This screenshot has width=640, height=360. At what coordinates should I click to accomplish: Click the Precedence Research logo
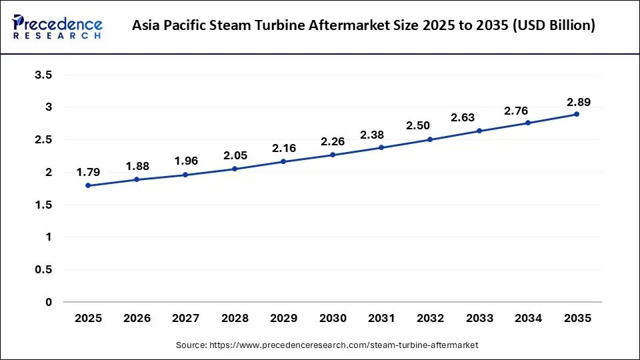57,27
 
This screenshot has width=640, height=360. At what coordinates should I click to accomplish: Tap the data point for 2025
88,185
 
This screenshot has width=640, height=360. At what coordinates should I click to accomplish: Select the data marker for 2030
333,155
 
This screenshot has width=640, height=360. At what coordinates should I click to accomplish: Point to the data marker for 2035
577,114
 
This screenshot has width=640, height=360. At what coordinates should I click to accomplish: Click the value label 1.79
88,172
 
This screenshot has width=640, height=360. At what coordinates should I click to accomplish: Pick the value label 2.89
578,102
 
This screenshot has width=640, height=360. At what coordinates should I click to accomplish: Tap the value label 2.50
418,125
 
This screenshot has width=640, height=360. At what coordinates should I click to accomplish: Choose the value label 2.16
283,147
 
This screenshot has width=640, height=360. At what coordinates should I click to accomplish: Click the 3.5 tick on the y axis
43,75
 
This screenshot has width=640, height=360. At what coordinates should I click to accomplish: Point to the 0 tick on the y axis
48,302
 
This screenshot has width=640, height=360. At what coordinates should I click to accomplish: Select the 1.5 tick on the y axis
43,205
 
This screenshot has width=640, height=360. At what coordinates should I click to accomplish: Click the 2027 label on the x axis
186,319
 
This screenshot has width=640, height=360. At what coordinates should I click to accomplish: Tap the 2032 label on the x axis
430,319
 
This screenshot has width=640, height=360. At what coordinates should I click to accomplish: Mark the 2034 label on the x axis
528,319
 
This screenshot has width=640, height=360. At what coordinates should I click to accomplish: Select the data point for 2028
235,169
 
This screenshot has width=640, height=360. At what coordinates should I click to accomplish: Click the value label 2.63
463,117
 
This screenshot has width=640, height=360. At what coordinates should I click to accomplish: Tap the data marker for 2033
479,131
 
